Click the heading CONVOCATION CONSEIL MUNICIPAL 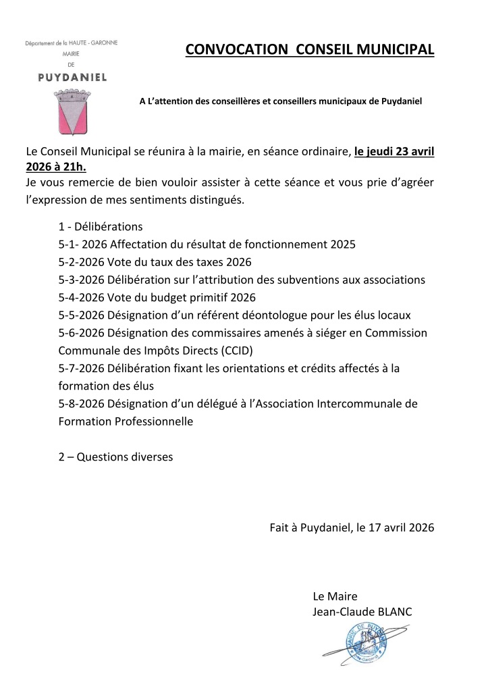pyautogui.click(x=310, y=50)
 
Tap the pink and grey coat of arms pyautogui.click(x=74, y=112)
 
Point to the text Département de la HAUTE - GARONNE pyautogui.click(x=71, y=43)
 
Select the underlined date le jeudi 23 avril pyautogui.click(x=394, y=151)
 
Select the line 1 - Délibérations pyautogui.click(x=101, y=227)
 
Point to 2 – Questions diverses pyautogui.click(x=115, y=457)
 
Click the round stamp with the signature pyautogui.click(x=366, y=645)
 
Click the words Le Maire pyautogui.click(x=335, y=596)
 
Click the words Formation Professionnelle pyautogui.click(x=126, y=421)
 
